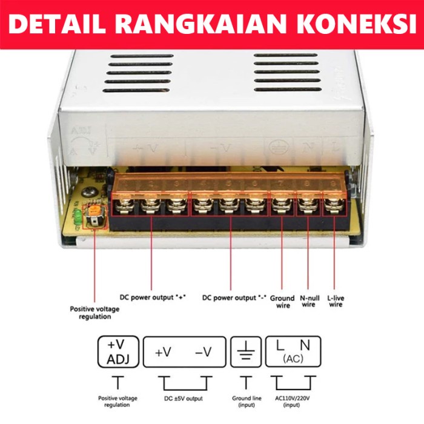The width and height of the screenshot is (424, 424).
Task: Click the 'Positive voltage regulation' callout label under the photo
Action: tap(94, 313)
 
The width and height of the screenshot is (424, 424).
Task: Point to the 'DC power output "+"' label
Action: tap(153, 297)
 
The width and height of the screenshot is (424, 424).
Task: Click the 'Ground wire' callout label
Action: tap(282, 302)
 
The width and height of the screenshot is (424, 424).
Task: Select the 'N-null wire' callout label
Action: tap(308, 301)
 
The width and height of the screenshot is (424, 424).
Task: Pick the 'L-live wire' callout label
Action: tap(335, 300)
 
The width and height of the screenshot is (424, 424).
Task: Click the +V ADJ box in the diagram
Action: tap(118, 352)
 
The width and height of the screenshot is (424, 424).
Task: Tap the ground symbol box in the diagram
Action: tap(246, 352)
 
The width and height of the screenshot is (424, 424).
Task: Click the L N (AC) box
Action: tap(293, 352)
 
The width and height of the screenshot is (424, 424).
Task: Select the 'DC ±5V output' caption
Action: tap(184, 398)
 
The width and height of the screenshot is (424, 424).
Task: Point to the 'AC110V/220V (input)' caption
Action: tap(293, 401)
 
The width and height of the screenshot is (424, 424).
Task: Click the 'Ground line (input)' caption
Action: tap(246, 401)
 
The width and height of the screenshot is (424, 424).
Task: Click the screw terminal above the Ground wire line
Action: tap(280, 207)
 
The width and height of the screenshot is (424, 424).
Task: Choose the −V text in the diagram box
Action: tap(204, 352)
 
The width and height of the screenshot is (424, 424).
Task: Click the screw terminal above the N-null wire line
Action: tap(307, 207)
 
